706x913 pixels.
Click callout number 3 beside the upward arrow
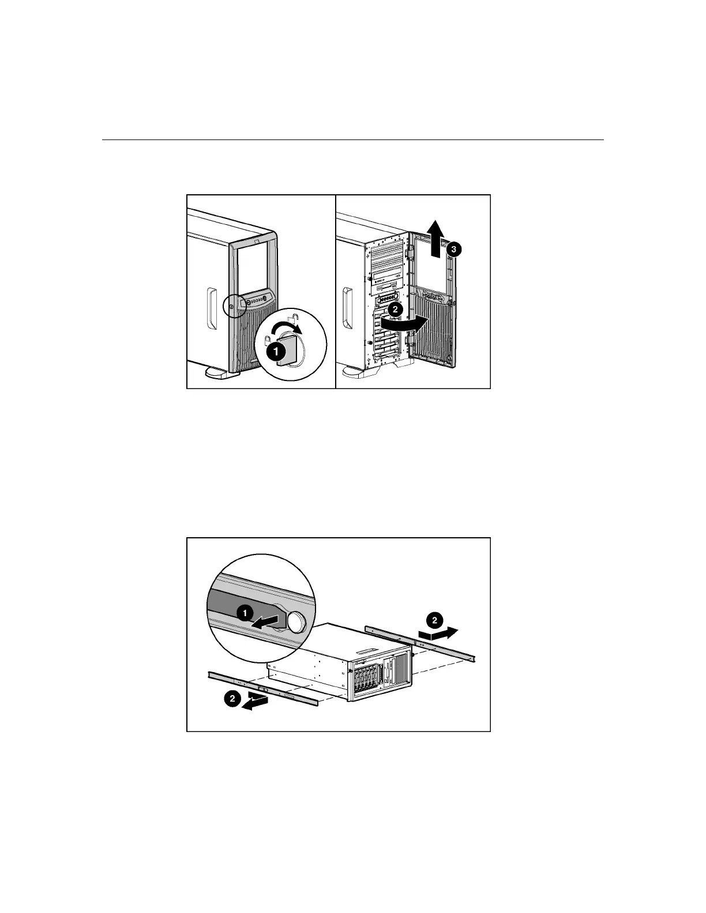click(454, 249)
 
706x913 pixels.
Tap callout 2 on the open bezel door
click(395, 309)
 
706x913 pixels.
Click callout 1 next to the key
click(276, 349)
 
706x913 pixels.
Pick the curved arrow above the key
click(287, 329)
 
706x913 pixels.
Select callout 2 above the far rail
click(434, 620)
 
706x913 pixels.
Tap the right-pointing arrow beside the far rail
click(444, 632)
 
